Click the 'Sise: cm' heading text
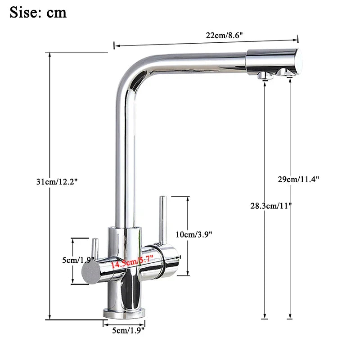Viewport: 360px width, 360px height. coord(38,12)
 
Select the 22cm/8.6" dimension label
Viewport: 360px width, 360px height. coord(225,36)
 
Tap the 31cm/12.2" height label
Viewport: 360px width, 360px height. coord(58,182)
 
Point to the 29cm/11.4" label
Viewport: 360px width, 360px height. coord(298,179)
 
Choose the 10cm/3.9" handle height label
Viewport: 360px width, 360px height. coord(193,234)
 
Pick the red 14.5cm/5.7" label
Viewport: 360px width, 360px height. coord(132,262)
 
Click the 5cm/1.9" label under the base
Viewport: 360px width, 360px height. coord(128,331)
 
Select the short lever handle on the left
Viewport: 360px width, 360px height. coord(95,248)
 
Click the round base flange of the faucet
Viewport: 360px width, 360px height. coord(125,311)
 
